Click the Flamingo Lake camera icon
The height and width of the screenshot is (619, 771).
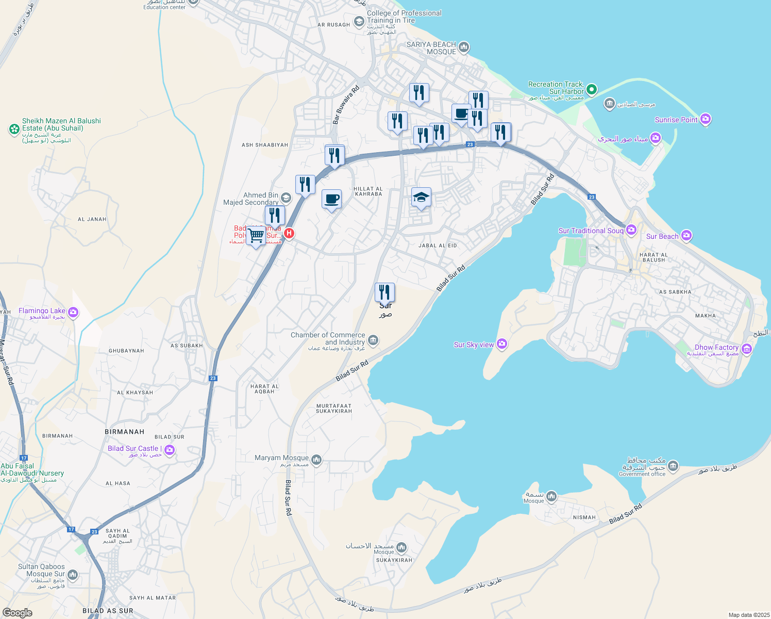pos(73,312)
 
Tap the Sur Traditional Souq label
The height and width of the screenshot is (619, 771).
pos(591,231)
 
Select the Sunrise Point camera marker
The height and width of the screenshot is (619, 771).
pos(706,119)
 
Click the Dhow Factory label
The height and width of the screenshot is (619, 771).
pos(716,348)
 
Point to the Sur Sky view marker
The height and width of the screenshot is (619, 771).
pos(502,344)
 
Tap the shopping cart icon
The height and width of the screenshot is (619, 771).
pos(256,236)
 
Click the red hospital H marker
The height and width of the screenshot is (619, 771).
pos(289,233)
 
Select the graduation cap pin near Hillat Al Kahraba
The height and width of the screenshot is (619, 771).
pos(421,197)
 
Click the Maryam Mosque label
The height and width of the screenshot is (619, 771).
pos(281,458)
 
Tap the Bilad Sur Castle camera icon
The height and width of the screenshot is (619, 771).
pos(170,450)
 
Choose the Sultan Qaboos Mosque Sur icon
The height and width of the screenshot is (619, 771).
pos(73,574)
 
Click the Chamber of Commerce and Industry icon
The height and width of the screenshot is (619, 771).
pos(373,340)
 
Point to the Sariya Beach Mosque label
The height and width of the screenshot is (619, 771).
pos(431,48)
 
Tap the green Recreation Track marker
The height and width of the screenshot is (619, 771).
pos(592,89)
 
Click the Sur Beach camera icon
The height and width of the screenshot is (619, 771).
pos(686,236)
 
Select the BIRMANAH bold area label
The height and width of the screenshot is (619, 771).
pos(124,432)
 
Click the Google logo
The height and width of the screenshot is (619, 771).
pos(18,612)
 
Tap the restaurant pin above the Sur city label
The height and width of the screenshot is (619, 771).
pos(384,292)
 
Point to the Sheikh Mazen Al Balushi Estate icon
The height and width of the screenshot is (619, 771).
pos(14,129)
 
